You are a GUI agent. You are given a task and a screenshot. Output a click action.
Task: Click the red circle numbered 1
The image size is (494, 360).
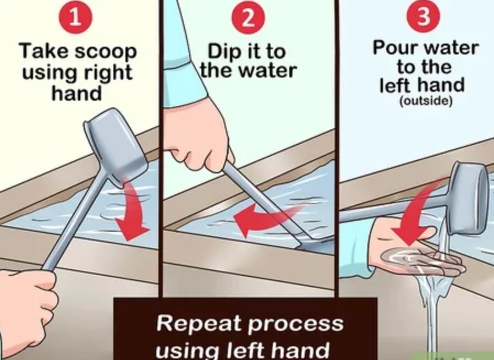(x=75, y=17)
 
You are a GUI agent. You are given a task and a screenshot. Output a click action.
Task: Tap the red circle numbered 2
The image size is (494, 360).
(x=248, y=18)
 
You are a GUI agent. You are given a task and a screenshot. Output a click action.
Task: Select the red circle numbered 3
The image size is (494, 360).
(x=423, y=16)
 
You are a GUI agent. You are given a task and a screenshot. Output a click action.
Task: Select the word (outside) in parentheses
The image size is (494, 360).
(x=426, y=101)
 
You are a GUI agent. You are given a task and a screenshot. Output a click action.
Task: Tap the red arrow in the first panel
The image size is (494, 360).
(x=133, y=211)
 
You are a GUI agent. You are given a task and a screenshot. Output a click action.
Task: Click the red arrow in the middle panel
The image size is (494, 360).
(x=268, y=217)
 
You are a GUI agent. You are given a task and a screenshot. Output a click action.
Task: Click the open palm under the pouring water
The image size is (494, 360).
(x=416, y=250)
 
